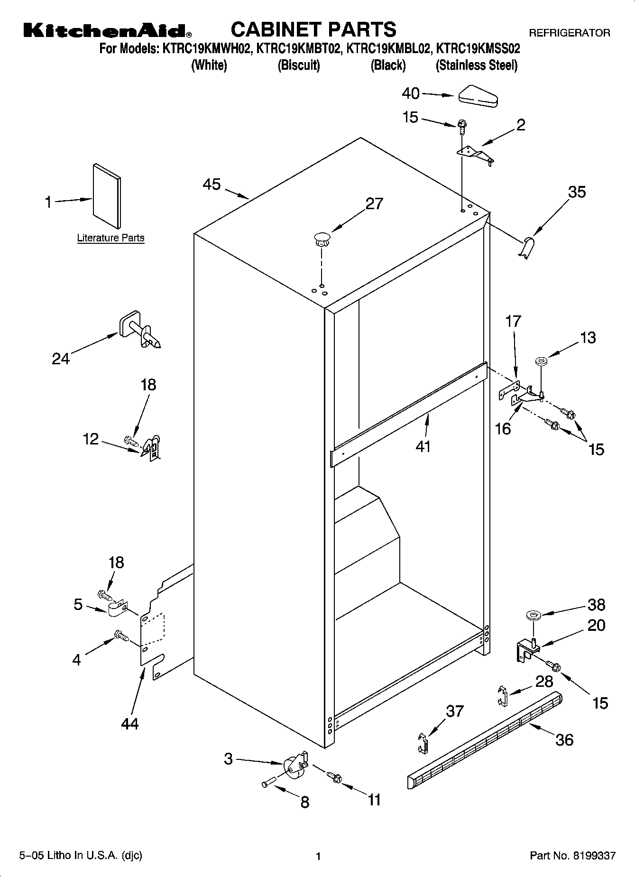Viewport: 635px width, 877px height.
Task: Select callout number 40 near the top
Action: [x=411, y=93]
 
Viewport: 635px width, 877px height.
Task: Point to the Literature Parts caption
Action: [x=110, y=238]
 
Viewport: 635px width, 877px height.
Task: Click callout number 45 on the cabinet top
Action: [x=212, y=185]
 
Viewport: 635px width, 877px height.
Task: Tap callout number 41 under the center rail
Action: [x=423, y=446]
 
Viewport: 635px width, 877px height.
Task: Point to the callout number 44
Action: [x=130, y=723]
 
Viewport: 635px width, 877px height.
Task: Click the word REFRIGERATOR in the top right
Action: [x=569, y=33]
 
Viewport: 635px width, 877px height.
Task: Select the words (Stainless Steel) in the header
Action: [x=476, y=65]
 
